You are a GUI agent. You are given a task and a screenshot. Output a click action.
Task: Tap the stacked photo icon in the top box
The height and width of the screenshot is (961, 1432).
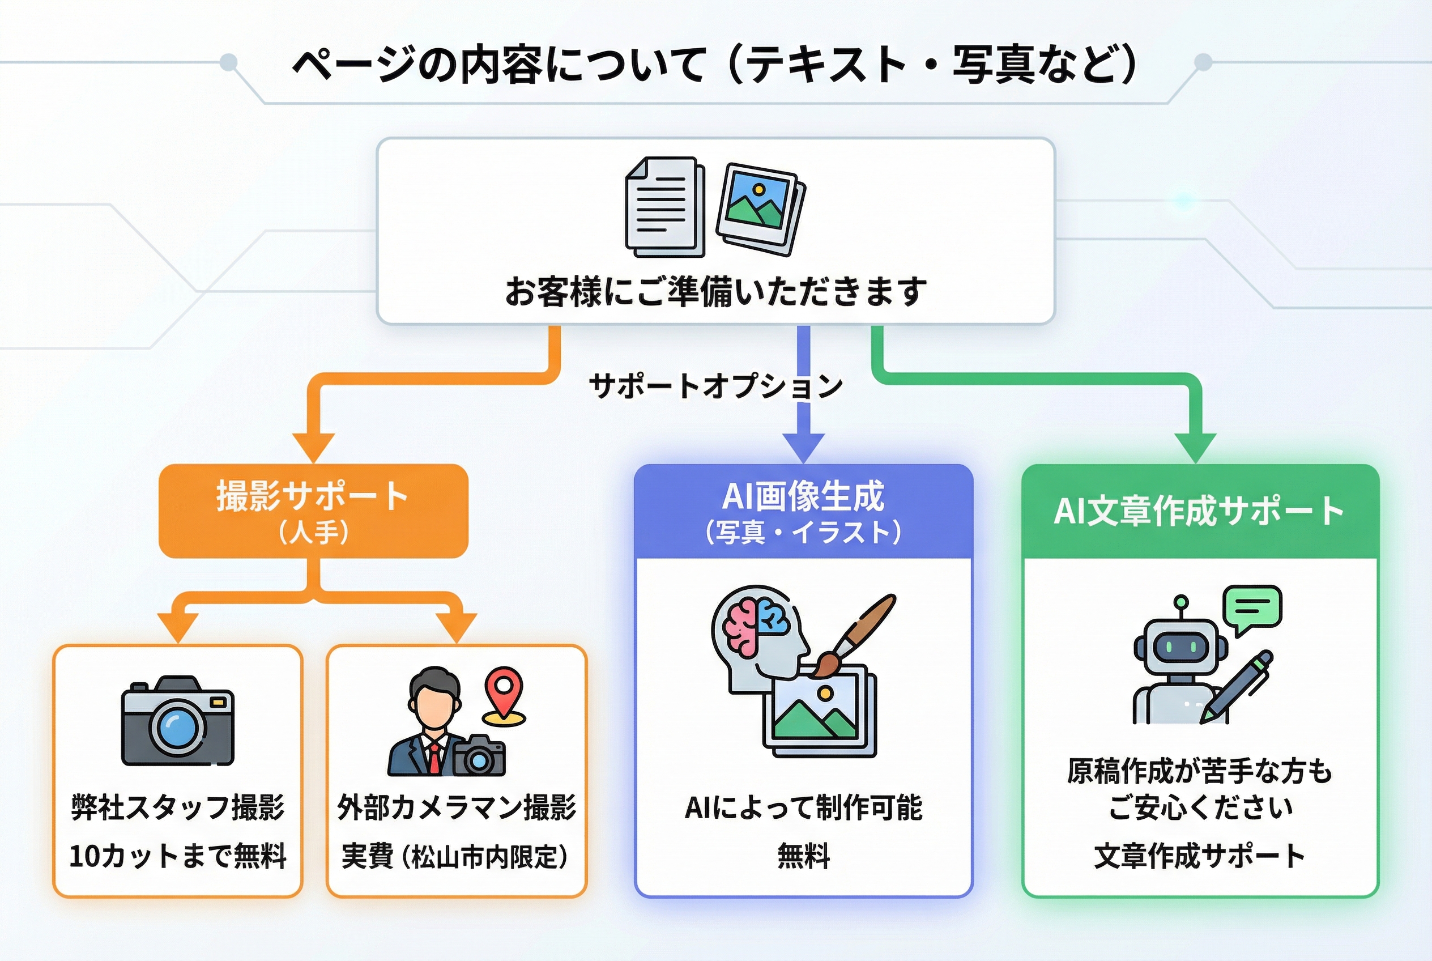[x=760, y=209]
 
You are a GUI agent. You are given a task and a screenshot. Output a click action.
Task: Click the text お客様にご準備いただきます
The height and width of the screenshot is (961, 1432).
[x=715, y=291]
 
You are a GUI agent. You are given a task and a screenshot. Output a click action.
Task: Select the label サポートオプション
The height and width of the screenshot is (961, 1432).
[x=715, y=386]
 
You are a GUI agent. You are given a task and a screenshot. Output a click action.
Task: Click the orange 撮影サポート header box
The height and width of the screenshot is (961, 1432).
[x=313, y=511]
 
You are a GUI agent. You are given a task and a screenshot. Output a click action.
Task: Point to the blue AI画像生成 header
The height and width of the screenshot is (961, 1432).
[x=803, y=511]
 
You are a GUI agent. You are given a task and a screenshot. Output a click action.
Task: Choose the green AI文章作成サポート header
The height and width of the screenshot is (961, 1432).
[x=1199, y=511]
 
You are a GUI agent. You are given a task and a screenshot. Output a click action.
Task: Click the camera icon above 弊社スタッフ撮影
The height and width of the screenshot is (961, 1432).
[x=178, y=721]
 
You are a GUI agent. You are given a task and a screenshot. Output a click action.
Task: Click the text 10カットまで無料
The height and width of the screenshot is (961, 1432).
[x=178, y=856]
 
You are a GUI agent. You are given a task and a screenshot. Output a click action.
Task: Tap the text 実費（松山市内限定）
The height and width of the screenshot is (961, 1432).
[x=456, y=856]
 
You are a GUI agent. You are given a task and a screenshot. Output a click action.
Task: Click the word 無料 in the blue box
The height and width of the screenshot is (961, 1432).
[x=803, y=856]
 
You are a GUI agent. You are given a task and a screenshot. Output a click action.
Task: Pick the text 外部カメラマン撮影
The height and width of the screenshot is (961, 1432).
[x=457, y=807]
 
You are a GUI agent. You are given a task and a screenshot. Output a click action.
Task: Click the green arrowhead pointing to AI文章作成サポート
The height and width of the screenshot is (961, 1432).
[x=1195, y=448]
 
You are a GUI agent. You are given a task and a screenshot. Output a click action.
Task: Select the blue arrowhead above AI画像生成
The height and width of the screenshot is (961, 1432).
[x=803, y=448]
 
